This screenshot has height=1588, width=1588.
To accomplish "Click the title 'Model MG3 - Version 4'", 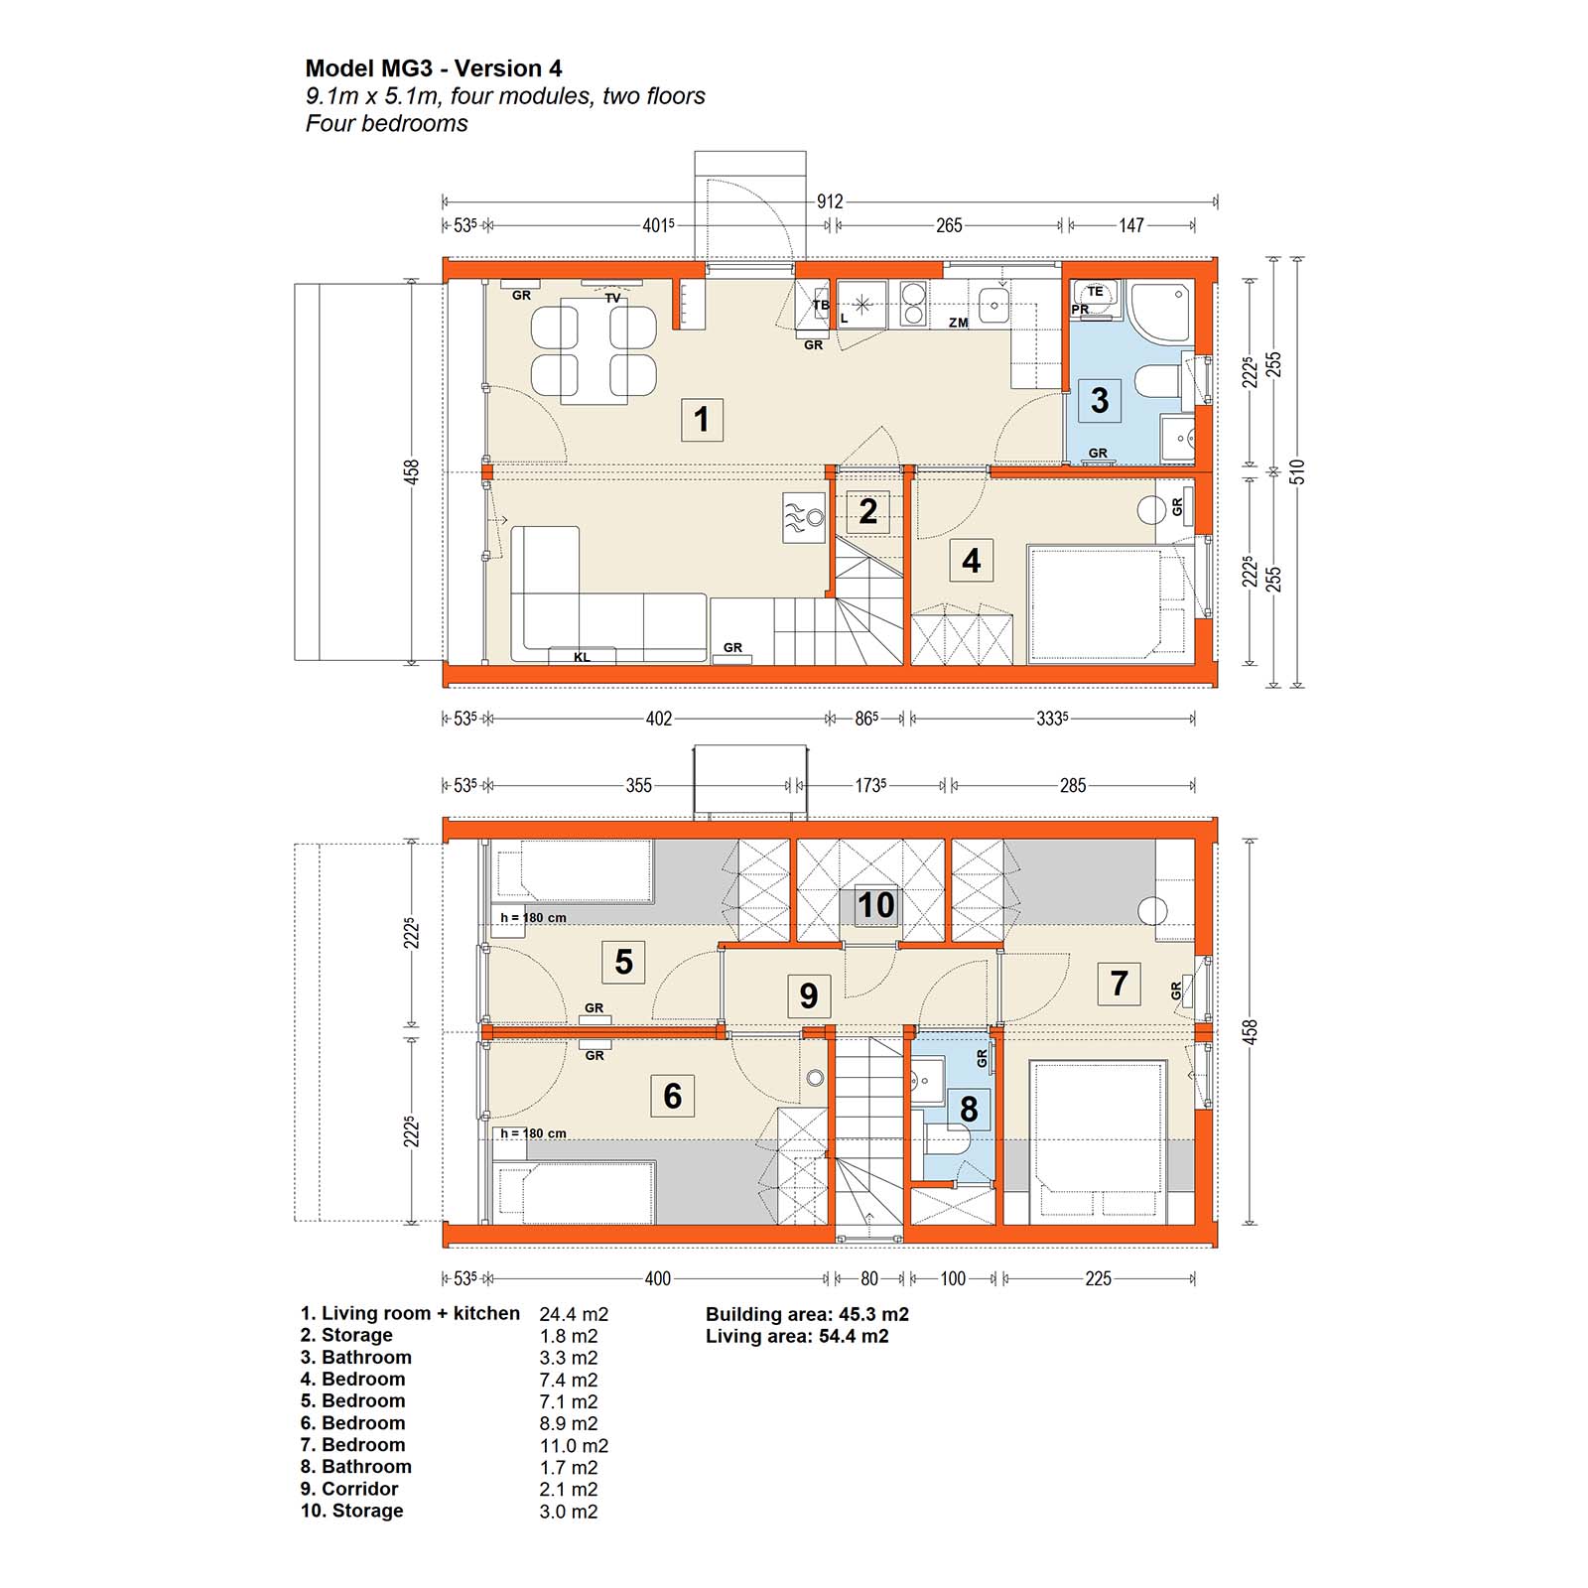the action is click(434, 68).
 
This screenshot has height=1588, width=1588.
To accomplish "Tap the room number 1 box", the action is click(702, 420).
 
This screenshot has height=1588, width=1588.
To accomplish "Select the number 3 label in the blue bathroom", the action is click(1100, 400).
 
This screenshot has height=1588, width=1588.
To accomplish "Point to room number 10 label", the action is click(876, 905).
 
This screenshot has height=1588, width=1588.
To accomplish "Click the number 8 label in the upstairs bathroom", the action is click(969, 1109).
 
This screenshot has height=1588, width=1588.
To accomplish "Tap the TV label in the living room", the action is click(612, 298).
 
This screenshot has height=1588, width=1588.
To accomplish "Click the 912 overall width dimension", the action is click(830, 201).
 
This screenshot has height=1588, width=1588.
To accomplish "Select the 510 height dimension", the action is click(1297, 471).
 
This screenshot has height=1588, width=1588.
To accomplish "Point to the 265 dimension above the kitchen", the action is click(949, 225).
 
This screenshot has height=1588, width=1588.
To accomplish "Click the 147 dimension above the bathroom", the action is click(1131, 225).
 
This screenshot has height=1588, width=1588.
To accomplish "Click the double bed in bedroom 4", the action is click(1097, 603).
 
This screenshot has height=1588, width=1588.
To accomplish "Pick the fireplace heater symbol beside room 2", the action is click(804, 518).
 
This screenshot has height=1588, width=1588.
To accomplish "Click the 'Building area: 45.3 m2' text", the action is click(807, 1314).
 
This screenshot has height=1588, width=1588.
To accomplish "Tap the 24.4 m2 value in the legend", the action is click(574, 1314).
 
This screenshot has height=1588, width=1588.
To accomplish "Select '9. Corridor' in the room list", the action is click(349, 1489).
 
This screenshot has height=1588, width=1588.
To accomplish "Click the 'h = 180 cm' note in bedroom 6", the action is click(533, 1133).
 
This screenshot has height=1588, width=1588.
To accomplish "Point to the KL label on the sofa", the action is click(582, 657).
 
